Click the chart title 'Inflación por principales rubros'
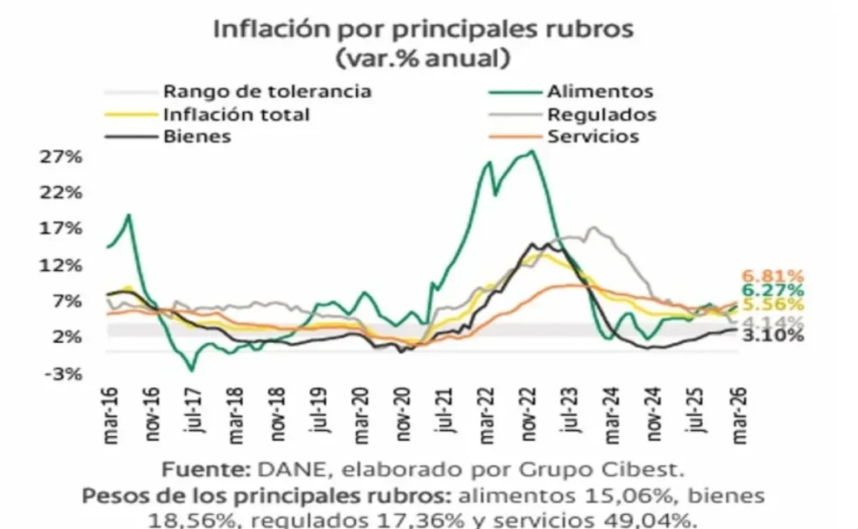[423, 27]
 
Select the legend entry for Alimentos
[599, 92]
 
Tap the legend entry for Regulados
[601, 115]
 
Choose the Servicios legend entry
[592, 137]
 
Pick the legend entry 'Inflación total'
[236, 115]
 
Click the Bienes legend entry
[197, 137]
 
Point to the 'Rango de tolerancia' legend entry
[266, 92]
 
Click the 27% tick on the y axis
[60, 157]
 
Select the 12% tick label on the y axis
[60, 265]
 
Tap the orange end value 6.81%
[773, 276]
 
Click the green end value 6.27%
[773, 291]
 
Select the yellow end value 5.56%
[773, 306]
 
